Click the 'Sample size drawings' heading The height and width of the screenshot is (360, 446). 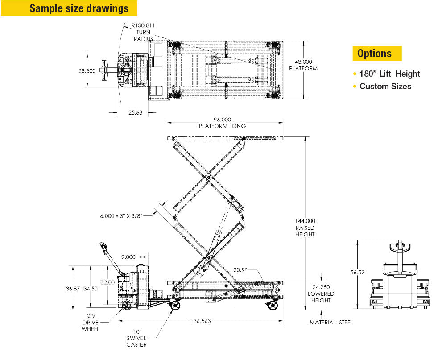point(79,8)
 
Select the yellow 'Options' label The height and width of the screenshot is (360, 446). point(374,54)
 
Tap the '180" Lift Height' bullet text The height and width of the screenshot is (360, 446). point(389,74)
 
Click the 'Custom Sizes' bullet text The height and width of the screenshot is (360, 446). point(385,87)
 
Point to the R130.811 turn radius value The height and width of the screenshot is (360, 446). point(144,26)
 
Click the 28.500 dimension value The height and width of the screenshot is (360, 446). point(87,71)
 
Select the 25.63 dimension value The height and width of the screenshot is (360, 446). point(135,113)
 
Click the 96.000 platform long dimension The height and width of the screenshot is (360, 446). point(222,120)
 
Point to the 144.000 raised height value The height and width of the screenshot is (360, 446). point(305,221)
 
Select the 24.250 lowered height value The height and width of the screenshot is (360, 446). point(321,288)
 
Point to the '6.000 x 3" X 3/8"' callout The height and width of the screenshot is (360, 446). point(120,216)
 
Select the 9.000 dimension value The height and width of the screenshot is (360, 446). point(128,257)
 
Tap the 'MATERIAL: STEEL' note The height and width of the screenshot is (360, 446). point(331,323)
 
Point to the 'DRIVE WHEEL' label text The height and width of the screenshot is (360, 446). point(91,326)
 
